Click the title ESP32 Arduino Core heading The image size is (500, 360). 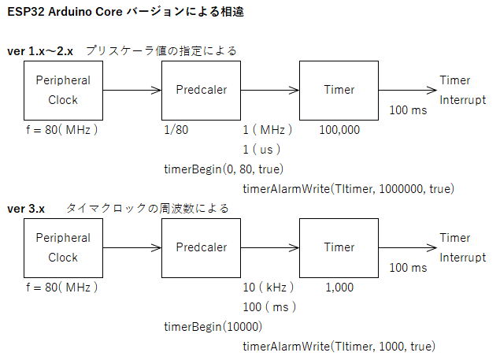[125, 12]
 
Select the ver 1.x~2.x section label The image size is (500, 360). [40, 51]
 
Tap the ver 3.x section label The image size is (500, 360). [26, 209]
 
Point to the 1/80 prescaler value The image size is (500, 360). [176, 130]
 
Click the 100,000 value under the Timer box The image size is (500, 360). [339, 130]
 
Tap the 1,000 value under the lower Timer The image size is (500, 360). [339, 288]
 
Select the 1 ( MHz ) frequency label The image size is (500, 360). [267, 130]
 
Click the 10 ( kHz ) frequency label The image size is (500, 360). [269, 288]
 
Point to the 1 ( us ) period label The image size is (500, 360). [261, 150]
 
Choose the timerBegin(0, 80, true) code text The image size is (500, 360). [224, 169]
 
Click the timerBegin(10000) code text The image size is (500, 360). [213, 327]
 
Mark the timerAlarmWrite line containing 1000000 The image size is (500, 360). [349, 189]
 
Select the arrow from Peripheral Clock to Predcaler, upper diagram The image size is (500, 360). [132, 91]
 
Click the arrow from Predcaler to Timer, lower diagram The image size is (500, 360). [270, 247]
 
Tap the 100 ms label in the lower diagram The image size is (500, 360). [408, 268]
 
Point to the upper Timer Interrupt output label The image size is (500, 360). [463, 91]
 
